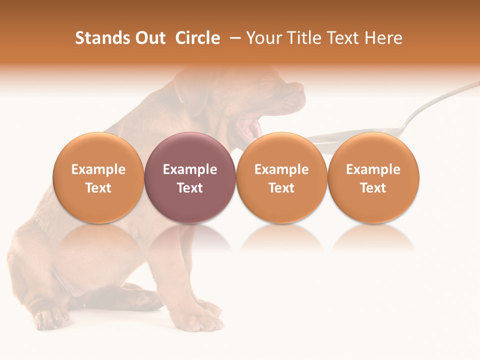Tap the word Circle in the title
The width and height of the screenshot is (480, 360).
tap(197, 38)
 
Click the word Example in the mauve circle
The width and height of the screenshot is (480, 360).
tap(190, 169)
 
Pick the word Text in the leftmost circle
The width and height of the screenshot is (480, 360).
tap(98, 188)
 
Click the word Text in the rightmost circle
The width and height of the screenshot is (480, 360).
tap(373, 188)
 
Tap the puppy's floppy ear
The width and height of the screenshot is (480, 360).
tap(192, 92)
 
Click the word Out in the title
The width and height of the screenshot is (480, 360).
tap(148, 38)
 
